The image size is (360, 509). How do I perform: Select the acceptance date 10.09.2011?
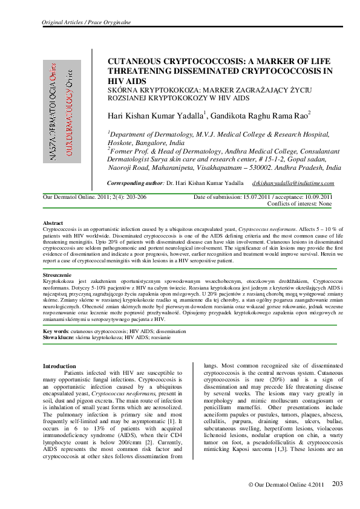(311, 197)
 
